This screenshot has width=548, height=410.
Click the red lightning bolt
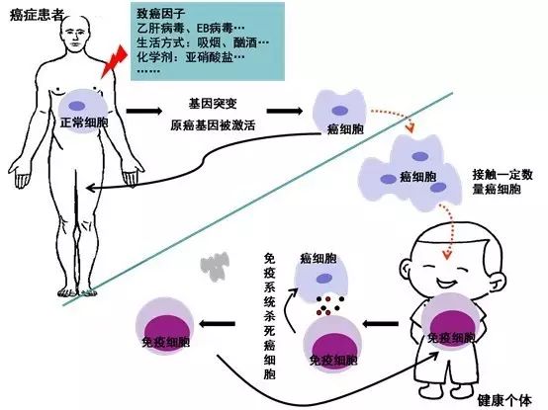pyautogui.click(x=114, y=61)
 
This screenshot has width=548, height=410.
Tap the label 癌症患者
pyautogui.click(x=37, y=15)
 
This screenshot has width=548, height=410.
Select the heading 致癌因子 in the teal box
pyautogui.click(x=161, y=14)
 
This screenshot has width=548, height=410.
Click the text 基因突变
pyautogui.click(x=213, y=104)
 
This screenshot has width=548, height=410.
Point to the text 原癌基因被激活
pyautogui.click(x=213, y=124)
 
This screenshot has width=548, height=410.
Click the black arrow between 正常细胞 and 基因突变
pyautogui.click(x=144, y=111)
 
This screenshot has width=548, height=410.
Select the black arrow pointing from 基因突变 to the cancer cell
pyautogui.click(x=285, y=111)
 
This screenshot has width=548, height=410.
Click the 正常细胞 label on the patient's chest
pyautogui.click(x=84, y=123)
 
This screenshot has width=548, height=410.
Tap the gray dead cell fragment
pyautogui.click(x=215, y=266)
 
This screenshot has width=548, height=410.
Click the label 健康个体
pyautogui.click(x=504, y=400)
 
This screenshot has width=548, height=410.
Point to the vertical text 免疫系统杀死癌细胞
pyautogui.click(x=269, y=316)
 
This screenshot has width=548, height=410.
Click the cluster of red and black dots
pyautogui.click(x=330, y=305)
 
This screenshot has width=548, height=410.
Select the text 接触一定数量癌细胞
pyautogui.click(x=502, y=182)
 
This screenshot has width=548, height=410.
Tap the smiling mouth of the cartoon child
pyautogui.click(x=444, y=282)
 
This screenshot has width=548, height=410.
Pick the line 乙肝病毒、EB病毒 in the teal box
pyautogui.click(x=191, y=28)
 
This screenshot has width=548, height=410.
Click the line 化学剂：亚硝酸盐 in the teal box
pyautogui.click(x=191, y=57)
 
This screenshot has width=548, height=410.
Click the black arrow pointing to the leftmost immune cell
pyautogui.click(x=217, y=324)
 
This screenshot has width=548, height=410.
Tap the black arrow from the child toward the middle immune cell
pyautogui.click(x=380, y=324)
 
